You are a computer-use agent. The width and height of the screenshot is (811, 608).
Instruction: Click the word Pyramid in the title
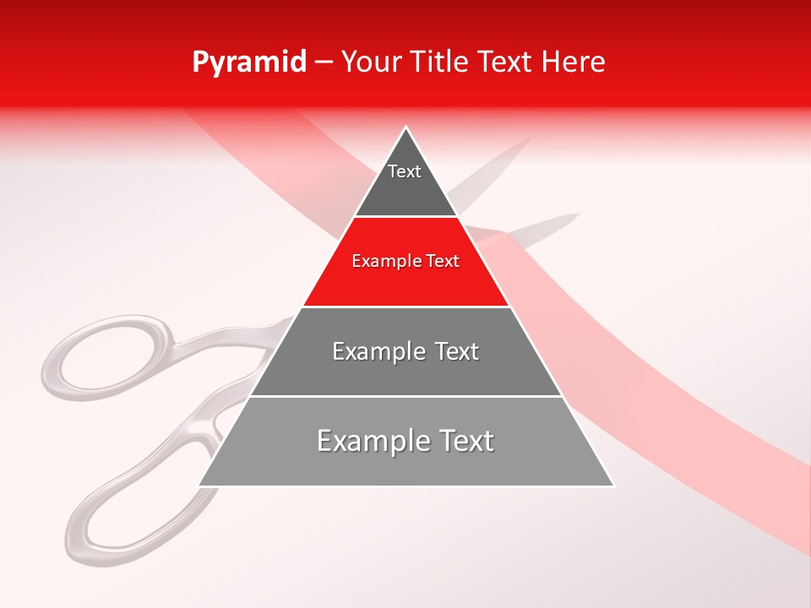tap(248, 62)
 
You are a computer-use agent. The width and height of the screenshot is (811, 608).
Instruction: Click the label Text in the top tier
tap(404, 171)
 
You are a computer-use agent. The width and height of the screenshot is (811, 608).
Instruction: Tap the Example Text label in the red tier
tap(405, 261)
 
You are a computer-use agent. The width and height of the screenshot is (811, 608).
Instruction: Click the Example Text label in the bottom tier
tap(405, 441)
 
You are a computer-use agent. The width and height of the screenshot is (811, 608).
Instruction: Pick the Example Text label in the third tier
tap(405, 351)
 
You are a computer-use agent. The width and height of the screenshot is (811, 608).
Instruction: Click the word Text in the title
tap(505, 62)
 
